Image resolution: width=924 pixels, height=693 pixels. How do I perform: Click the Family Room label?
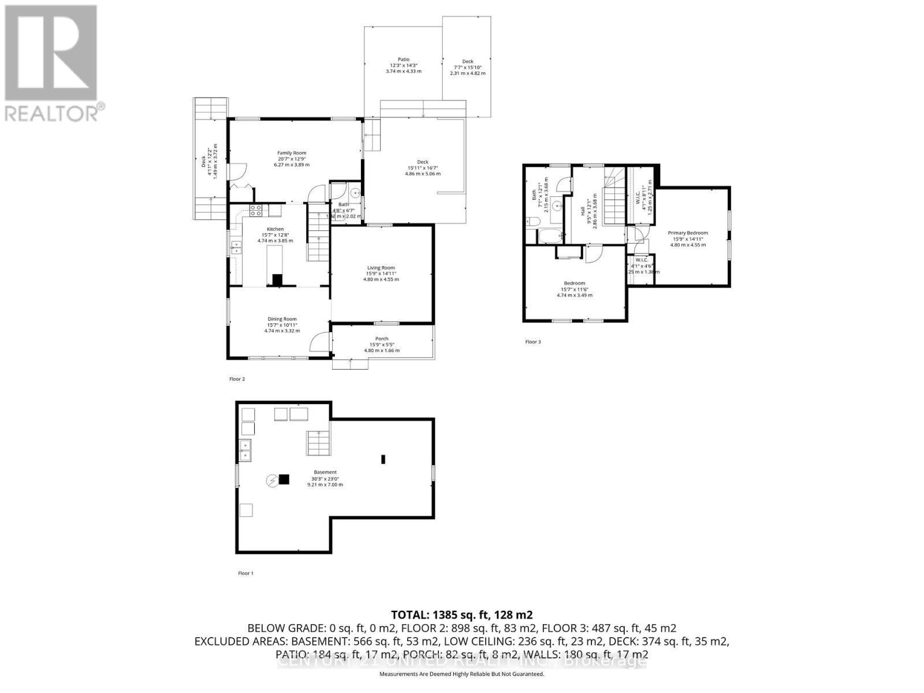(x=292, y=153)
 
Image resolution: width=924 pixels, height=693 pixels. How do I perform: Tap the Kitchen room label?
(x=275, y=229)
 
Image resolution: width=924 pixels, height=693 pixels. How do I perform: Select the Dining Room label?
(x=282, y=319)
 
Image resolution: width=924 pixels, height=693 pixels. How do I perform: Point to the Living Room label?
(x=381, y=267)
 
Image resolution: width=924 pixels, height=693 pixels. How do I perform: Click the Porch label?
(x=382, y=339)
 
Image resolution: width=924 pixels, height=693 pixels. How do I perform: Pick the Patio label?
(x=404, y=59)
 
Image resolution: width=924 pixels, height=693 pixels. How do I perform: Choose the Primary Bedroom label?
(x=688, y=233)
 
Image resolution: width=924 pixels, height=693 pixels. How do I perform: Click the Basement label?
(x=325, y=472)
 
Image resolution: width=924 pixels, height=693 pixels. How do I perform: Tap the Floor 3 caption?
(x=533, y=342)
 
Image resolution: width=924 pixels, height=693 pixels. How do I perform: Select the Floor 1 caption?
(x=245, y=573)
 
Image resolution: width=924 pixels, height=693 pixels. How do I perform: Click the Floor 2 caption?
(x=237, y=379)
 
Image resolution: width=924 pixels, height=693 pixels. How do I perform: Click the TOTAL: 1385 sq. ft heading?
(x=461, y=614)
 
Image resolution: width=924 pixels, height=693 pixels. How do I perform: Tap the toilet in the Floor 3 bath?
(x=532, y=222)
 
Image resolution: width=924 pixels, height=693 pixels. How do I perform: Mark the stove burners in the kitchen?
(x=256, y=210)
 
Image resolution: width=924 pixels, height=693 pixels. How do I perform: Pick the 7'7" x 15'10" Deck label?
(x=468, y=62)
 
